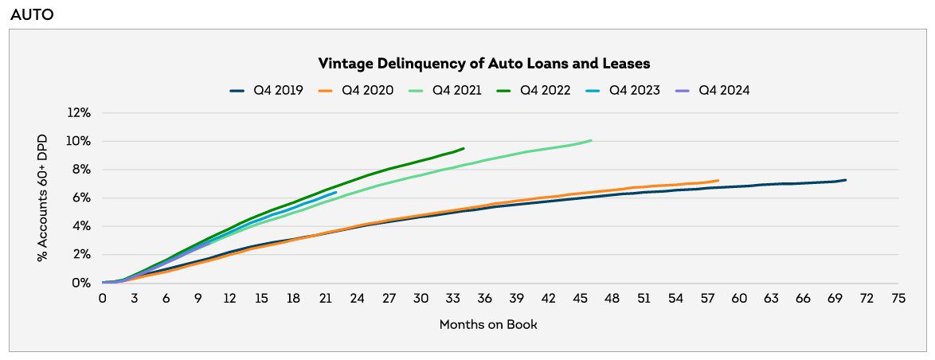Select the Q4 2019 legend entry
tap(267, 91)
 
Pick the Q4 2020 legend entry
tap(356, 91)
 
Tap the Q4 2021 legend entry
tap(445, 91)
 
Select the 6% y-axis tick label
tap(83, 198)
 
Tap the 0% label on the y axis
tap(83, 284)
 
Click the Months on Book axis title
tap(488, 324)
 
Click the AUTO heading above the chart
tap(33, 14)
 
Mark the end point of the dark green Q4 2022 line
tap(464, 148)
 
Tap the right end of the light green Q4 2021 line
tap(591, 141)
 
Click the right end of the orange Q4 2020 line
tap(718, 180)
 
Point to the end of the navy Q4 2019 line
tap(845, 180)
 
